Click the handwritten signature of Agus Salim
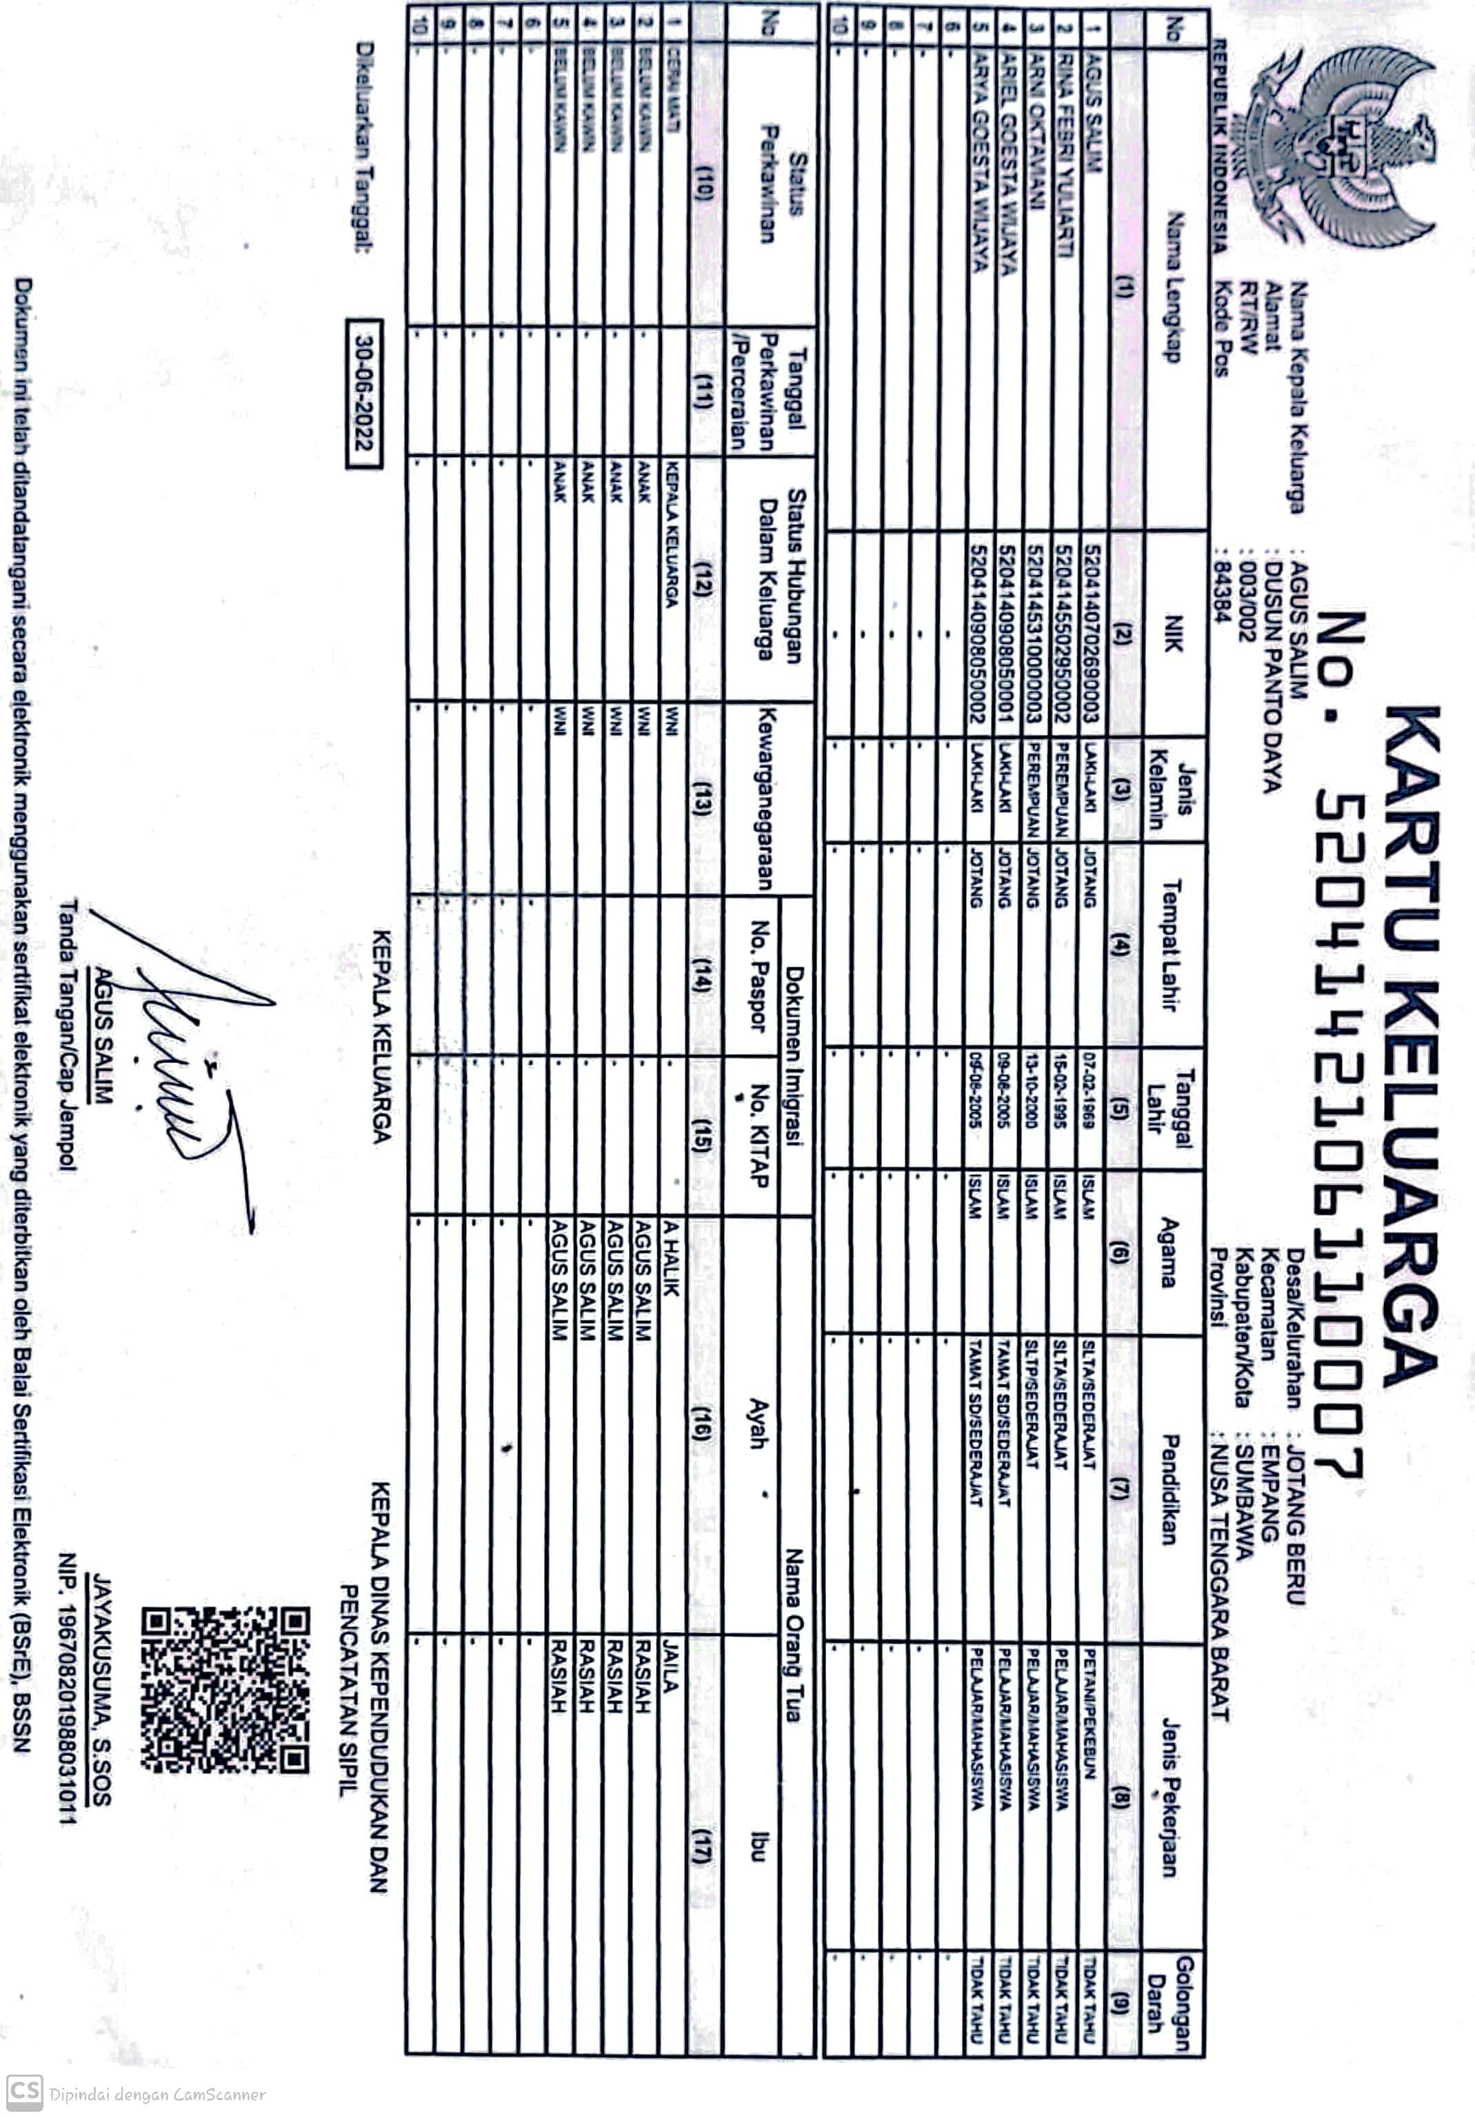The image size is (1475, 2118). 185,1061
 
